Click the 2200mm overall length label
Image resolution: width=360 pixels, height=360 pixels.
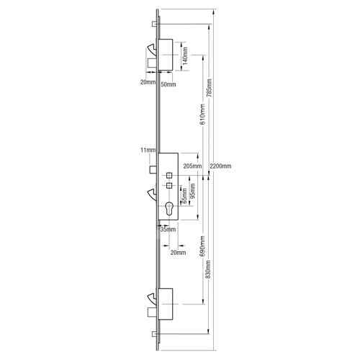tap(220, 166)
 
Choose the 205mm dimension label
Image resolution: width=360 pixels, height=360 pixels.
tap(192, 166)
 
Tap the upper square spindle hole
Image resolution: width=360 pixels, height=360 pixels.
tap(168, 175)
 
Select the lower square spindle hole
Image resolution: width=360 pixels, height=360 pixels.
tap(168, 186)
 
